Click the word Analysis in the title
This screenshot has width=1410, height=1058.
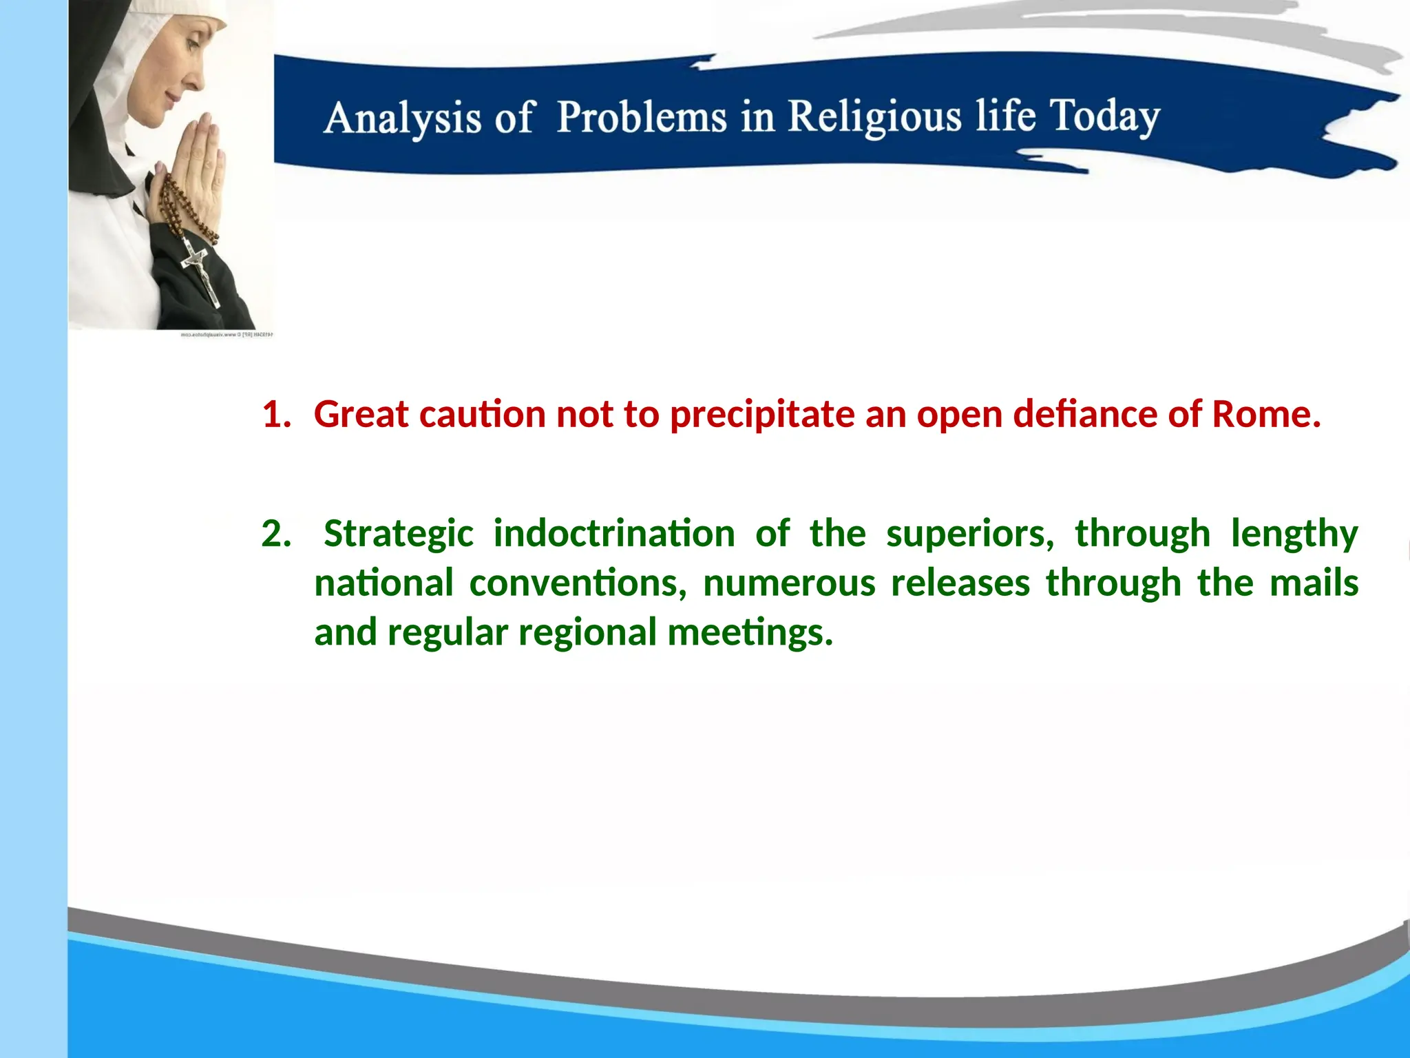coord(402,118)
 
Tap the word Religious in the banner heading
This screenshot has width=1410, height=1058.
coord(874,116)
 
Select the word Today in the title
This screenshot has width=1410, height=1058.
coord(1104,116)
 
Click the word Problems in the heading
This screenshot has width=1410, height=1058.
coord(642,116)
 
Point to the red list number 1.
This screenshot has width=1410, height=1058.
coord(275,415)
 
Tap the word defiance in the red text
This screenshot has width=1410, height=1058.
coord(1086,415)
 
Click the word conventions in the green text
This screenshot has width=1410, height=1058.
coord(577,583)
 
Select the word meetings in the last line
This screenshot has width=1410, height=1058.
coord(750,633)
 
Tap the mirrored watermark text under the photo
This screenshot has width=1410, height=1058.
coord(227,335)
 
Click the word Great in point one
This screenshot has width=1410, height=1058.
coord(361,415)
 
